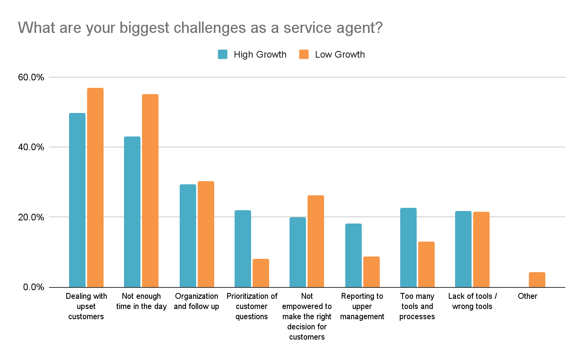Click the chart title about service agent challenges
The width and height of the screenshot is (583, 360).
(200, 28)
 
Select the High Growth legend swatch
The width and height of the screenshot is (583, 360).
(223, 55)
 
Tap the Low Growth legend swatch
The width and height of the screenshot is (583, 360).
(304, 55)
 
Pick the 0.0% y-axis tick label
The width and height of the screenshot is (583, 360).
(33, 287)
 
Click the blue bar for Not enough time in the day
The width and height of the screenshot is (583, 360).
(132, 212)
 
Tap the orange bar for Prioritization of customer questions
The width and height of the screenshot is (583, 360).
(261, 273)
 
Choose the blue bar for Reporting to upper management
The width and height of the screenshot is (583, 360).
(353, 255)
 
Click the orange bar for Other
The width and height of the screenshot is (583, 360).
(537, 280)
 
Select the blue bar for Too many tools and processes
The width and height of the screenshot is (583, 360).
(408, 247)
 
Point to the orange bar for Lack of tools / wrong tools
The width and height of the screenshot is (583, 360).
(481, 249)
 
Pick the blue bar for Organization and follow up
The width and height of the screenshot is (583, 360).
(188, 236)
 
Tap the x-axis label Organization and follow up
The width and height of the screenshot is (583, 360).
(197, 301)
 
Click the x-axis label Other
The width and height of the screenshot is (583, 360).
(528, 296)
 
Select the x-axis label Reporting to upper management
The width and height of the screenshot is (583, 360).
(362, 306)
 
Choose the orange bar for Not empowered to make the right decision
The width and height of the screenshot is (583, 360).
(316, 241)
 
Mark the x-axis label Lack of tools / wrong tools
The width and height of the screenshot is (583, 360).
(472, 301)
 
